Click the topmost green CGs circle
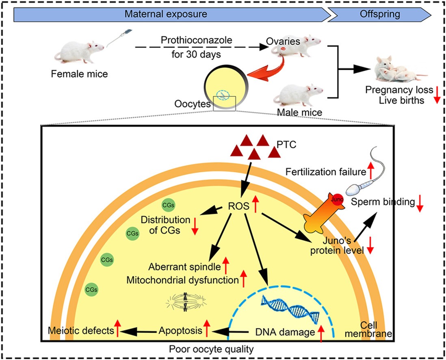click(167, 205)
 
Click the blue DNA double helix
click(290, 309)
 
